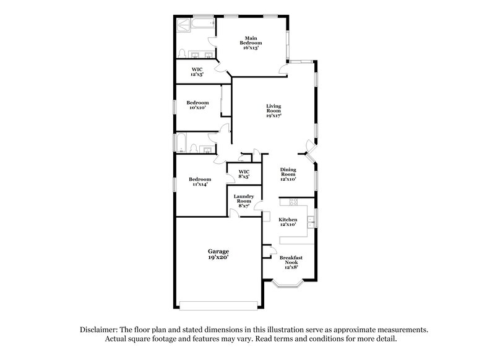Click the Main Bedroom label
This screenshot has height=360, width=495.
tap(251, 40)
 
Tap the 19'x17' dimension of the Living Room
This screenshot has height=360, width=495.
tap(273, 116)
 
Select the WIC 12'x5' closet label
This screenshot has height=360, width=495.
tap(197, 71)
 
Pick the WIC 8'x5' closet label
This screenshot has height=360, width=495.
tap(244, 174)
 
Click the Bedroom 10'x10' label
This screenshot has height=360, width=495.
tap(197, 105)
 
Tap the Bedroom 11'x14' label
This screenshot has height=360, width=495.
tap(199, 181)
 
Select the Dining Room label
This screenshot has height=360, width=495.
tap(288, 174)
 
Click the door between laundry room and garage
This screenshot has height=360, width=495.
tap(235, 213)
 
